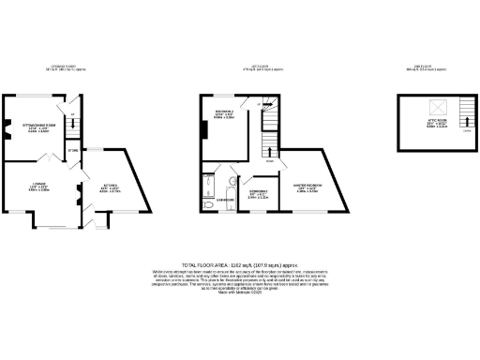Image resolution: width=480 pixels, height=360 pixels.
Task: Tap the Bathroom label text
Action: pos(225,200)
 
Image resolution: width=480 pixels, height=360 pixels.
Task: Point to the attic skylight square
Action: pos(434,109)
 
